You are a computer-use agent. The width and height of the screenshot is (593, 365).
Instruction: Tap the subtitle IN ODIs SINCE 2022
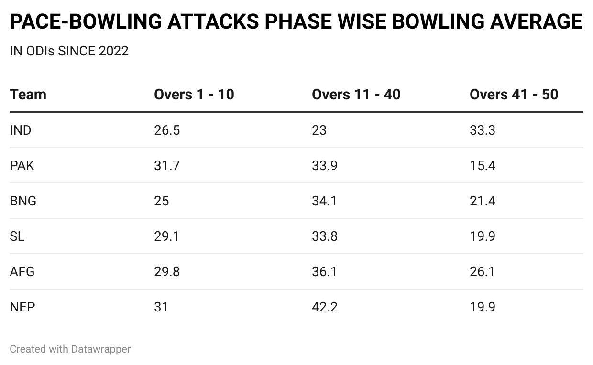click(69, 51)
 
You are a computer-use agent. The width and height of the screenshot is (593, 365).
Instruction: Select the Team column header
click(28, 95)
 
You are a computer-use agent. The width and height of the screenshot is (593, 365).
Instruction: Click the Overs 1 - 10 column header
click(194, 95)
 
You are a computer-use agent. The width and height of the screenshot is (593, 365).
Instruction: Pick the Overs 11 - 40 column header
click(356, 95)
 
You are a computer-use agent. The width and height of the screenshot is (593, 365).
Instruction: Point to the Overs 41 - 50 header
click(514, 95)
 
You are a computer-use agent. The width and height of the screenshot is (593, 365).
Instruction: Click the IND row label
click(21, 130)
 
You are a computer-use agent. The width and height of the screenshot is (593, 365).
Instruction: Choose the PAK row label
click(22, 165)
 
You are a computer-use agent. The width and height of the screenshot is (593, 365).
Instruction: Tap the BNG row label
click(23, 201)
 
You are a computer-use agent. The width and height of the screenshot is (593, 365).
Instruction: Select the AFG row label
click(22, 271)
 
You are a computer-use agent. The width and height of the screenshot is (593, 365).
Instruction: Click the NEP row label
click(22, 307)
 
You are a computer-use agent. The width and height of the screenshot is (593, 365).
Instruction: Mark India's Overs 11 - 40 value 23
click(319, 130)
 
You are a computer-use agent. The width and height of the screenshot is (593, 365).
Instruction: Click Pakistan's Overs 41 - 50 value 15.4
click(483, 165)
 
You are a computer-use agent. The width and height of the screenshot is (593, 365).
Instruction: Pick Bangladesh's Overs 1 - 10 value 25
click(162, 201)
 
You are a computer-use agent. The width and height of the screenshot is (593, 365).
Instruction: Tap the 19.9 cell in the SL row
click(483, 236)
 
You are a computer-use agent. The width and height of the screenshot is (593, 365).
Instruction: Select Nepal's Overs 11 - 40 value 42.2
click(325, 307)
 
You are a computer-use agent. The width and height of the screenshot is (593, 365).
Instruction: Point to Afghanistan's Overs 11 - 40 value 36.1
click(324, 271)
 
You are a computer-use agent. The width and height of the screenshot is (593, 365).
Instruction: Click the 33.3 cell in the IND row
click(483, 130)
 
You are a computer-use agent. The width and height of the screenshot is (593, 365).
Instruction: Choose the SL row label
click(17, 236)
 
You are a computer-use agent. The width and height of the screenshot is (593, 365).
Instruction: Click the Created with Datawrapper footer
click(70, 349)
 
